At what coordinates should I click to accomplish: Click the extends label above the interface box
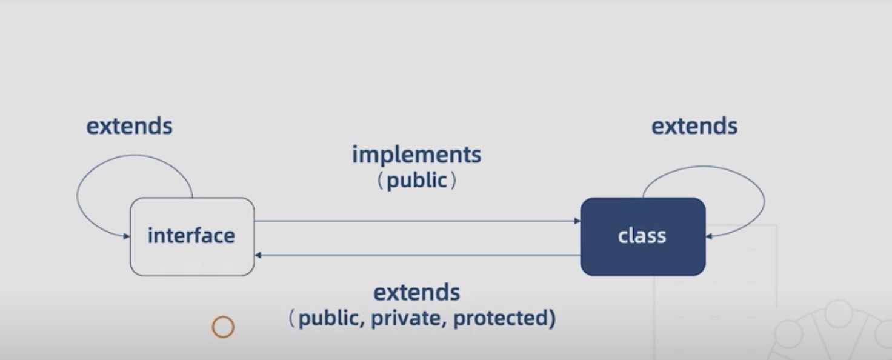pos(129,126)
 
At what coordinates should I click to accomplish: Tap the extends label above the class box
pos(694,126)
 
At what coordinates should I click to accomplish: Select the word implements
pos(416,155)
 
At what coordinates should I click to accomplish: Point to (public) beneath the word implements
pos(417,180)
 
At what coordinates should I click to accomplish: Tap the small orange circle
pos(223,327)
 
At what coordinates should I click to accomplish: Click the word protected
pos(500,318)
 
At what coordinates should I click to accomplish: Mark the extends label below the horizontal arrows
pos(416,292)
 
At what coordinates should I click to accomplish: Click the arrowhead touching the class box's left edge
pos(577,221)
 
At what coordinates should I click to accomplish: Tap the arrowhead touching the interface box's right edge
pos(258,255)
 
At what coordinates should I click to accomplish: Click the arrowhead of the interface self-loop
pos(127,235)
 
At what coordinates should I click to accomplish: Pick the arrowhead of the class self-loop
pos(709,236)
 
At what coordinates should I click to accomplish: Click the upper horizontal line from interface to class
pos(417,221)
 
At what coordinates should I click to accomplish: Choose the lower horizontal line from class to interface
pos(417,255)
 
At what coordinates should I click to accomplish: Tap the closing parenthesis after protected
pos(551,318)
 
